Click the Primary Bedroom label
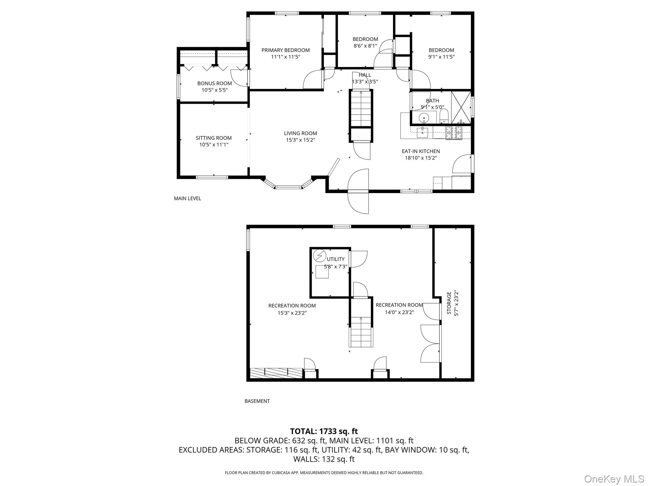click(x=285, y=50)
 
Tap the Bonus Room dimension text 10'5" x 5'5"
click(x=215, y=90)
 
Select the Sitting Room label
click(x=214, y=138)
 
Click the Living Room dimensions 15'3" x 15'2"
click(x=300, y=140)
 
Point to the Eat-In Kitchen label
click(x=421, y=151)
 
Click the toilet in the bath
click(x=444, y=116)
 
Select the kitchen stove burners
click(x=454, y=133)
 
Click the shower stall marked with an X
click(x=461, y=107)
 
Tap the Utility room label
click(x=336, y=259)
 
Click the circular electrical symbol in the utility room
click(x=319, y=255)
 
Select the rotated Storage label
click(x=449, y=303)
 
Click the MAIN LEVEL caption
click(x=187, y=198)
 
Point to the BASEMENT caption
click(x=257, y=401)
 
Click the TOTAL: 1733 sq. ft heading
click(x=324, y=431)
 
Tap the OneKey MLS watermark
click(x=614, y=478)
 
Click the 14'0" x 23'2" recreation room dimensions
click(x=399, y=312)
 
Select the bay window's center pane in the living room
click(x=288, y=188)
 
